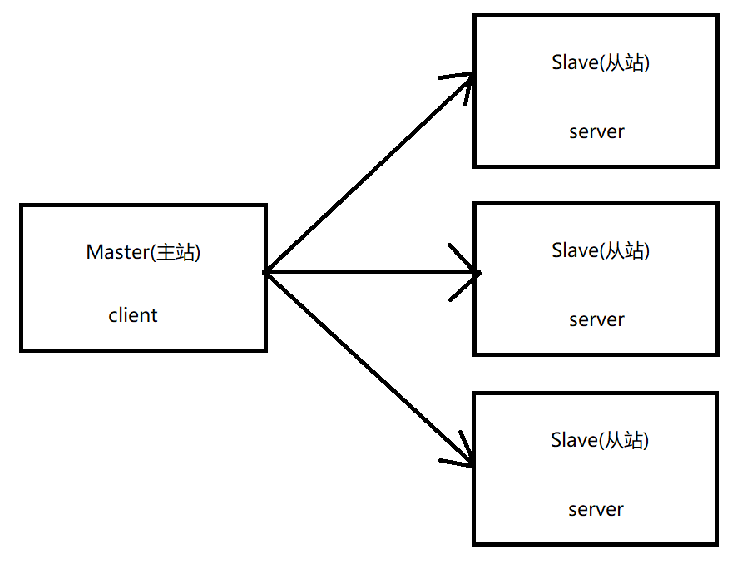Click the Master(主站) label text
pos(143,252)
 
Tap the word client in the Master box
pos(133,315)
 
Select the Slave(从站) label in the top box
pos(601,62)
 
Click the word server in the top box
pos(596,132)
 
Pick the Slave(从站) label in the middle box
pos(601,250)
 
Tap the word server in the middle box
pos(596,320)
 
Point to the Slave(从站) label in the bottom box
pos(600,440)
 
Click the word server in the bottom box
pos(596,510)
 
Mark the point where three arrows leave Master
pos(266,272)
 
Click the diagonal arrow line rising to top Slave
pos(369,173)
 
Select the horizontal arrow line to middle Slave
pos(373,272)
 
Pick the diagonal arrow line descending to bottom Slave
pos(369,369)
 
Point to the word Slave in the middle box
pos(575,250)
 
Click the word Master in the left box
pos(118,252)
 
